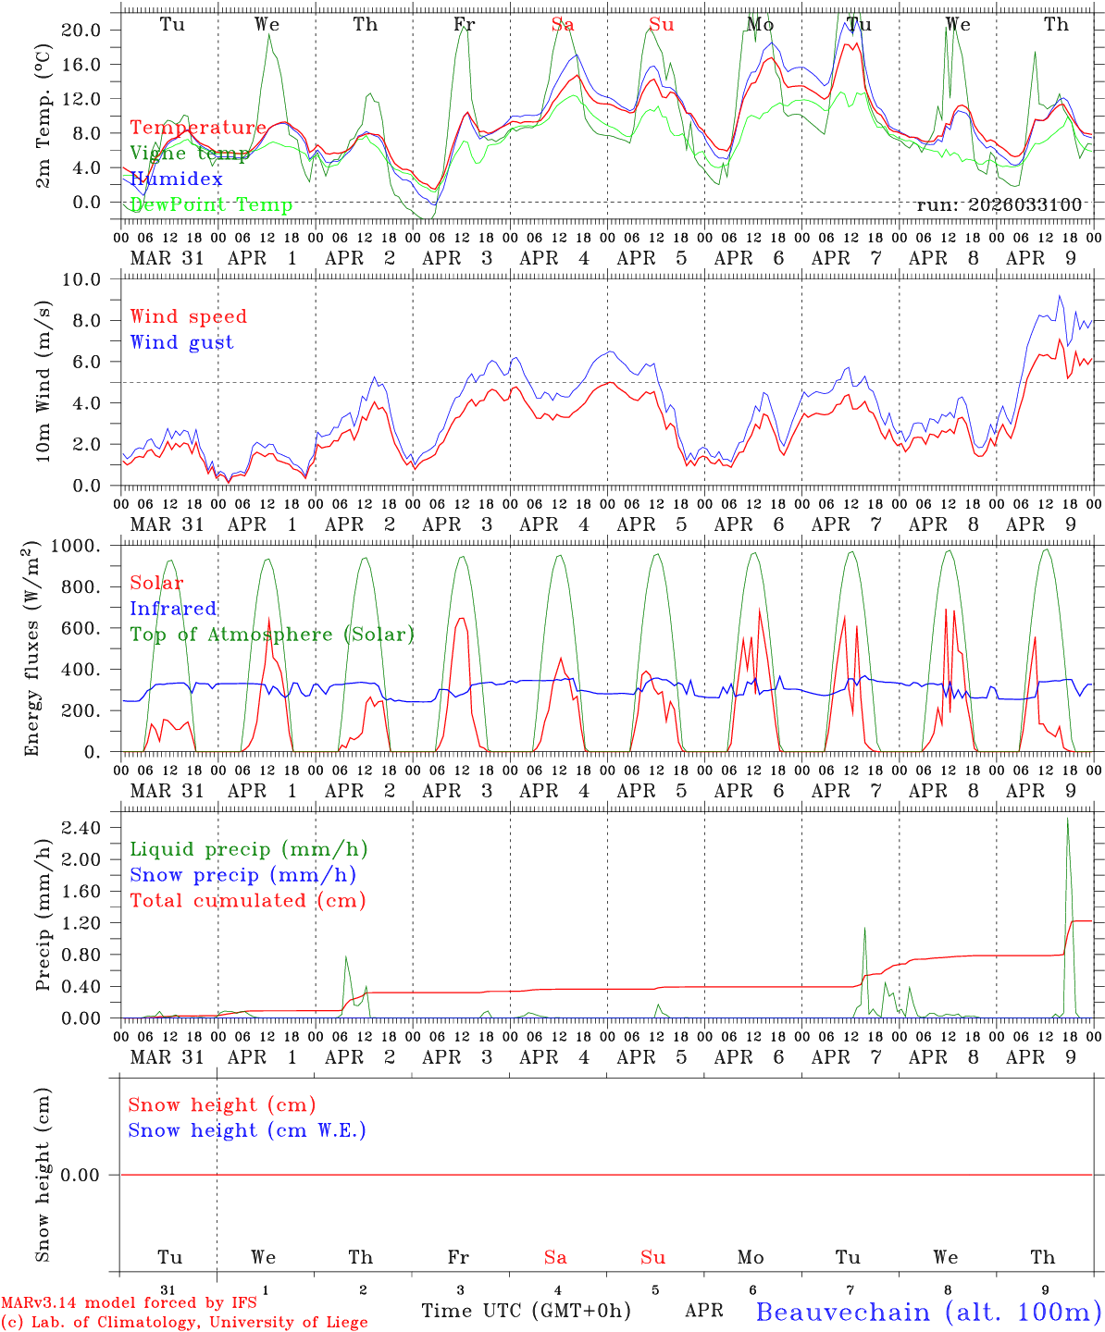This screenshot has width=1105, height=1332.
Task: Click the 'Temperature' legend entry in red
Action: click(x=197, y=128)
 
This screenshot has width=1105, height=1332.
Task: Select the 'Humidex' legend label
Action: click(x=176, y=179)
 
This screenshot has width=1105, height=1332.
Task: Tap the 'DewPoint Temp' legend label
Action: click(x=211, y=204)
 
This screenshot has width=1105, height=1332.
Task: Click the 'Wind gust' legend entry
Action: click(x=181, y=342)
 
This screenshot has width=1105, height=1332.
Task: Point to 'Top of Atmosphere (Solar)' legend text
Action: click(x=272, y=635)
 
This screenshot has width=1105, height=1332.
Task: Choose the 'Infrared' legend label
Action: click(x=173, y=609)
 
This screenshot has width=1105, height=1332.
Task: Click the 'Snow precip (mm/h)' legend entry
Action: click(x=242, y=875)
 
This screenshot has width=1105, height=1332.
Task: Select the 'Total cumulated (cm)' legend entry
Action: click(x=248, y=901)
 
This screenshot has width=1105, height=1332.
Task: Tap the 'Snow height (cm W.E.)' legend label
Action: click(x=247, y=1130)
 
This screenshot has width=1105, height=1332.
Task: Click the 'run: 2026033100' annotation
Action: click(x=999, y=204)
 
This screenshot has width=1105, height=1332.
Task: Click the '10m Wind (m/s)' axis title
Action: click(x=43, y=381)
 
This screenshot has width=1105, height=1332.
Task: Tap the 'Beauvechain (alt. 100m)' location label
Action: click(x=928, y=1312)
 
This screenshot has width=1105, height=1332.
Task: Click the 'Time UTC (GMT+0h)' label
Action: click(x=526, y=1311)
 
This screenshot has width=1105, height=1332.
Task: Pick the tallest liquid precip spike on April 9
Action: click(x=1068, y=820)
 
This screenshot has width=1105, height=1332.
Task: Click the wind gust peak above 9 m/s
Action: click(x=1060, y=296)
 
